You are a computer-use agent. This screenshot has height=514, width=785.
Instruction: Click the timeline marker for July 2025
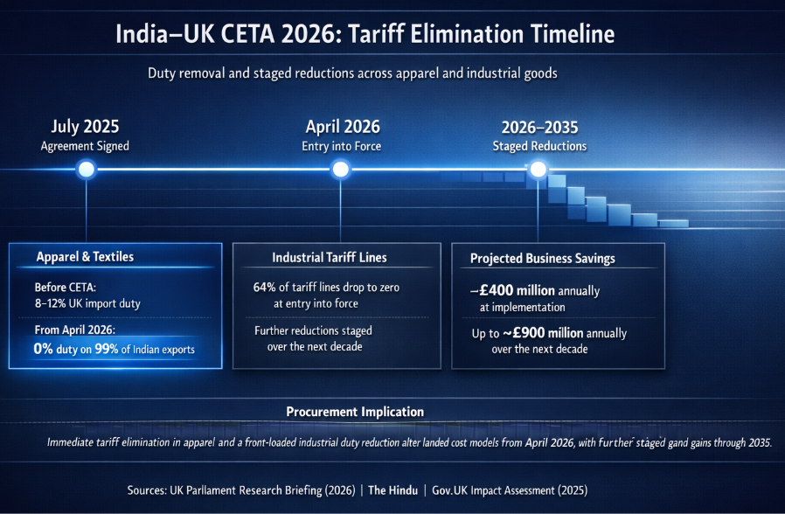tap(86, 169)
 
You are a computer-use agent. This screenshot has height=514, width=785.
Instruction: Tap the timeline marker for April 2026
tap(342, 169)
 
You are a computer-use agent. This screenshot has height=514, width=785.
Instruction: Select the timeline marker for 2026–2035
tap(538, 169)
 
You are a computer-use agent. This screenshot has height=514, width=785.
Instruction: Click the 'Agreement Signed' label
tap(85, 146)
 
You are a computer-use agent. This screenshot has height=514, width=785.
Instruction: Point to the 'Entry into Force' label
tap(342, 146)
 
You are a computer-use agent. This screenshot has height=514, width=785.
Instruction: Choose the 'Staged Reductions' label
tap(539, 146)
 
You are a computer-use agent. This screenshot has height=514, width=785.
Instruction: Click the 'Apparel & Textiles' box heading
tap(85, 257)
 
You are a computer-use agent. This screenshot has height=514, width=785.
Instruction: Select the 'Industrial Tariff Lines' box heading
tap(330, 258)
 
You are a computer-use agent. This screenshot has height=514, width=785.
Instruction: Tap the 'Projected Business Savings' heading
tap(543, 259)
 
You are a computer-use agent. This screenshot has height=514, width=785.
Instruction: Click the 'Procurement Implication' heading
tap(355, 412)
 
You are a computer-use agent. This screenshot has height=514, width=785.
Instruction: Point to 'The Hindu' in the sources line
tap(391, 490)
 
